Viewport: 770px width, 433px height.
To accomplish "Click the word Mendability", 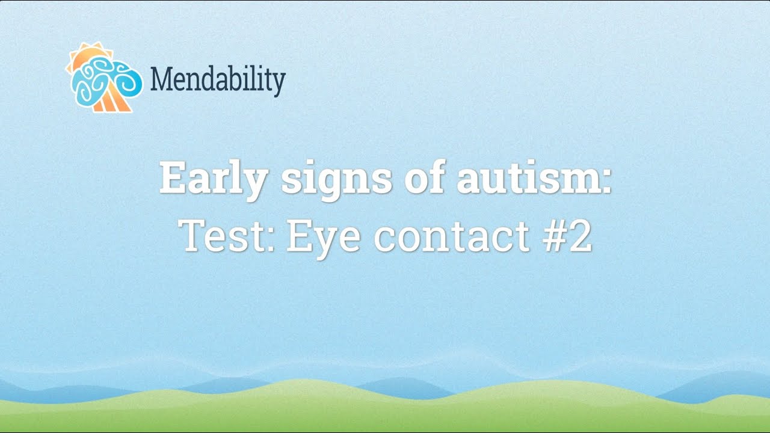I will (x=217, y=79).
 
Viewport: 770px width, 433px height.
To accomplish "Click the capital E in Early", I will (x=173, y=179).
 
